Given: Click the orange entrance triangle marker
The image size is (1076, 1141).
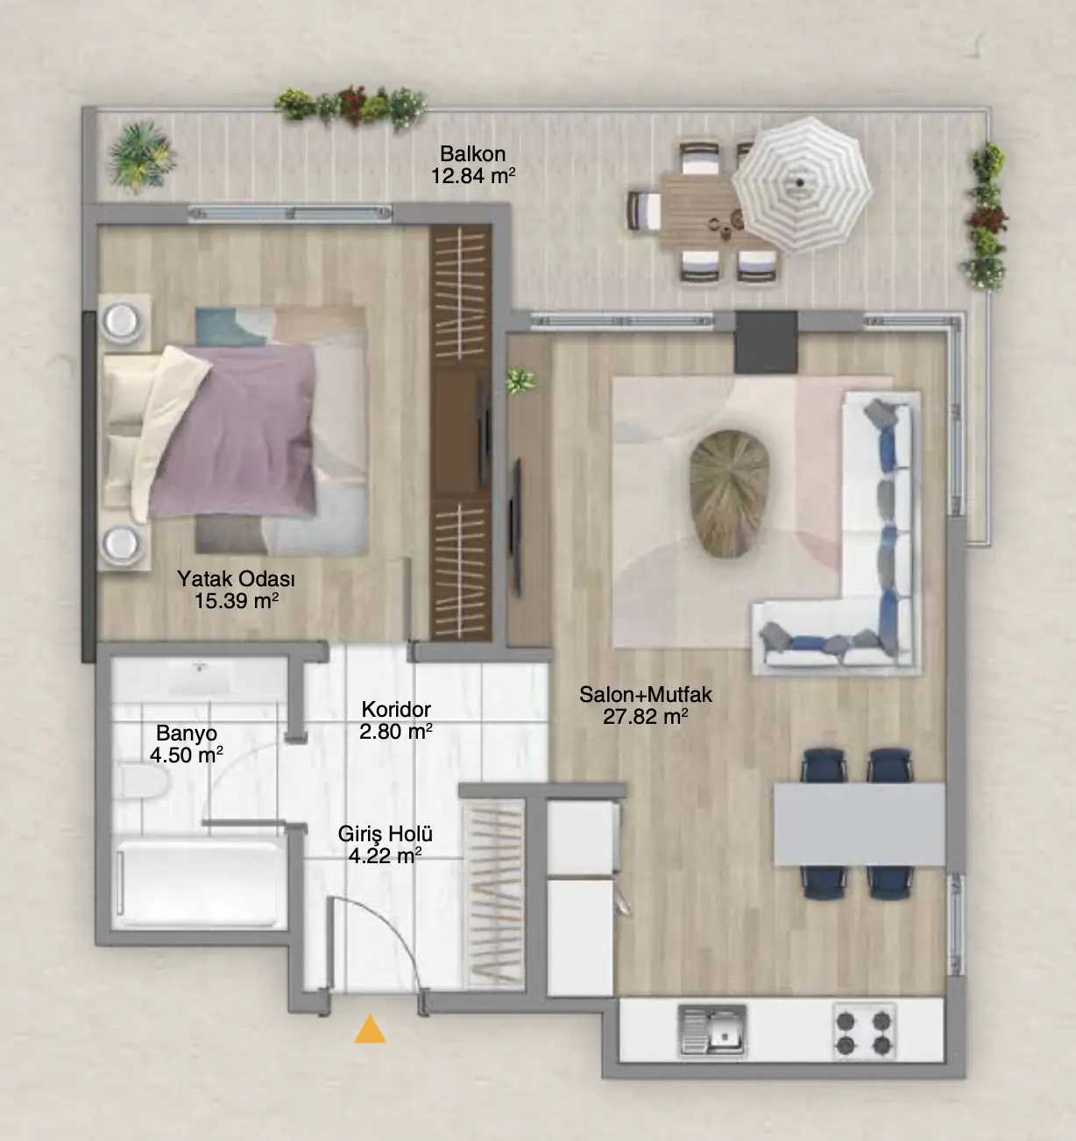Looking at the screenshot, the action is pyautogui.click(x=370, y=1029).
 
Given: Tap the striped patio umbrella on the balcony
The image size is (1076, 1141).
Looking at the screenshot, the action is pyautogui.click(x=802, y=184).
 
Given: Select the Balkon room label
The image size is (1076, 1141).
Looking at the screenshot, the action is pyautogui.click(x=473, y=154).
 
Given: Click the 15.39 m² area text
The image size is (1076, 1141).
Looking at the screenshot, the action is pyautogui.click(x=237, y=601).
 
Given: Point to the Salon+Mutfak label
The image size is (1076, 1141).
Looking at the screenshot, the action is pyautogui.click(x=646, y=695).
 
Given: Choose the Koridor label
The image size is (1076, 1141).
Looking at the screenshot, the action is pyautogui.click(x=396, y=710).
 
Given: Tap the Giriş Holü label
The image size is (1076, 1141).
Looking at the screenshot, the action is pyautogui.click(x=385, y=833).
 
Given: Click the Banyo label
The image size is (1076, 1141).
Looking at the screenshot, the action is pyautogui.click(x=187, y=733).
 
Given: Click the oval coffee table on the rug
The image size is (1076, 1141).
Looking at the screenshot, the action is pyautogui.click(x=730, y=493).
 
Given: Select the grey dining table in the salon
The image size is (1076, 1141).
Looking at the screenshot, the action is pyautogui.click(x=860, y=824).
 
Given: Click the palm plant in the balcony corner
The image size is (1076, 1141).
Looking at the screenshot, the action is pyautogui.click(x=141, y=156).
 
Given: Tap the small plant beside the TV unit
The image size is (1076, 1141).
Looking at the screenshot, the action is pyautogui.click(x=521, y=381).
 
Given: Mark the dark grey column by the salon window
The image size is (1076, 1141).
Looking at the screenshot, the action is pyautogui.click(x=766, y=342).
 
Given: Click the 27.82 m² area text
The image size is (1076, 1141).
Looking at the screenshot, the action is pyautogui.click(x=646, y=717).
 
